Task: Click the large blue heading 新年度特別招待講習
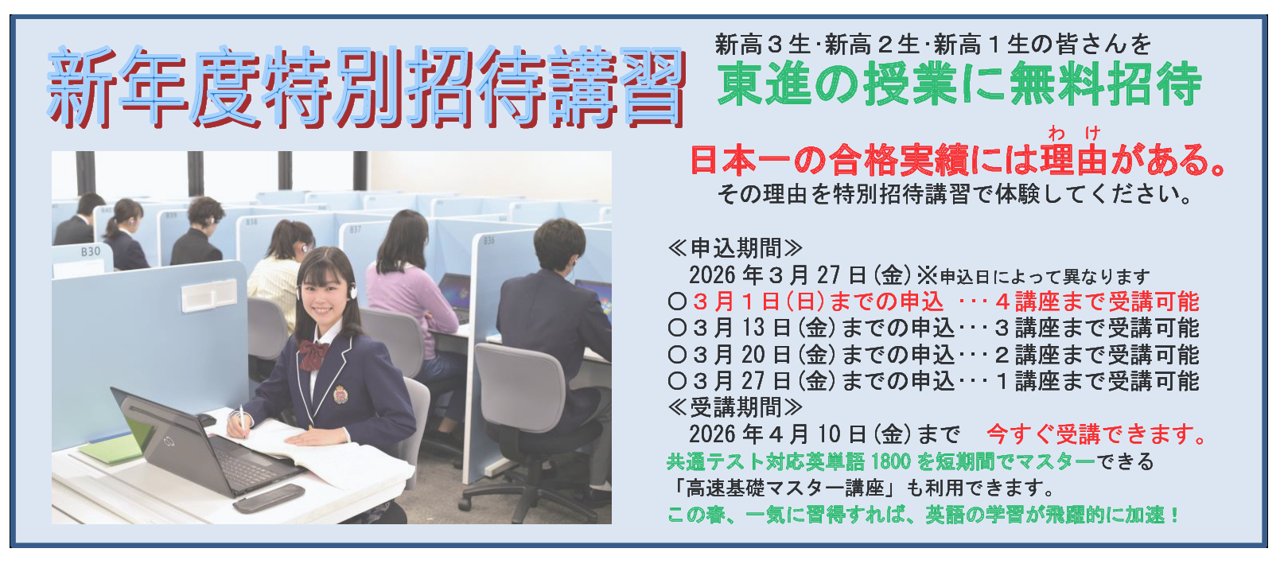[366, 88]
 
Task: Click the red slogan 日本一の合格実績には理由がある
[957, 160]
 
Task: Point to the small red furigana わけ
[1074, 133]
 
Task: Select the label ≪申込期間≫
[735, 248]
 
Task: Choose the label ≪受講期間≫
[735, 407]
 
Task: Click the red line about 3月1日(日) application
[933, 301]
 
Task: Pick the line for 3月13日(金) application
[933, 328]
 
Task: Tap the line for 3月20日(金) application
[933, 355]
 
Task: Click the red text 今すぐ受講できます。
[1097, 434]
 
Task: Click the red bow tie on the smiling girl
[313, 354]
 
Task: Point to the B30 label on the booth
[91, 251]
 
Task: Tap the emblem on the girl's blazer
[340, 395]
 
